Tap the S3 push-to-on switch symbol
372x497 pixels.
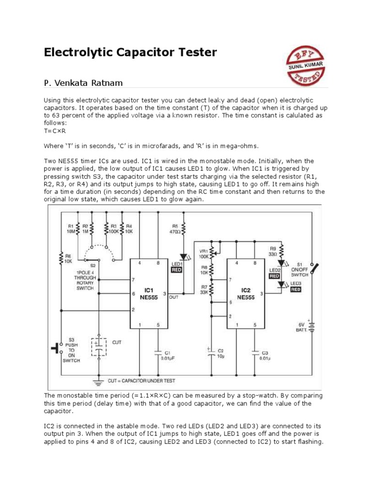pos(57,348)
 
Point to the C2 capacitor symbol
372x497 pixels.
pos(211,353)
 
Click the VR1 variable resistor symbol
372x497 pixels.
pos(212,251)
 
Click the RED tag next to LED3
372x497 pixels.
pos(296,290)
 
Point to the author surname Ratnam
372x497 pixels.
pos(109,83)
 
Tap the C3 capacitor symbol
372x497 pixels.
pos(256,353)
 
